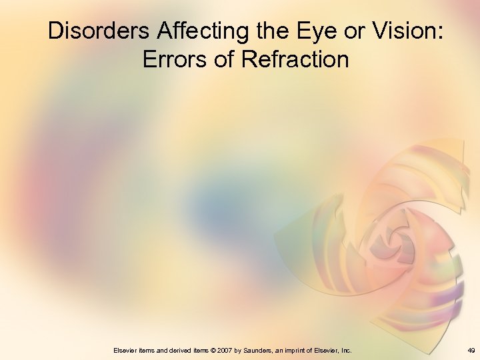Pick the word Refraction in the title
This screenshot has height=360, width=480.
coord(295,59)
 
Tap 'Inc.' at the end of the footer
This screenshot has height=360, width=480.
coord(346,350)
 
